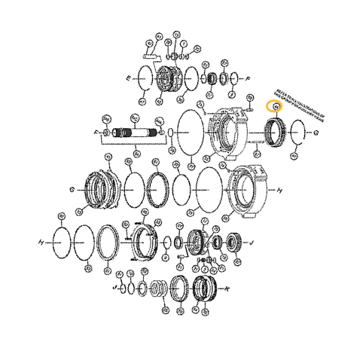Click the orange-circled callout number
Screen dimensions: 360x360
point(276,106)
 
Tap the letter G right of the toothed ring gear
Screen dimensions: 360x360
point(316,133)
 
